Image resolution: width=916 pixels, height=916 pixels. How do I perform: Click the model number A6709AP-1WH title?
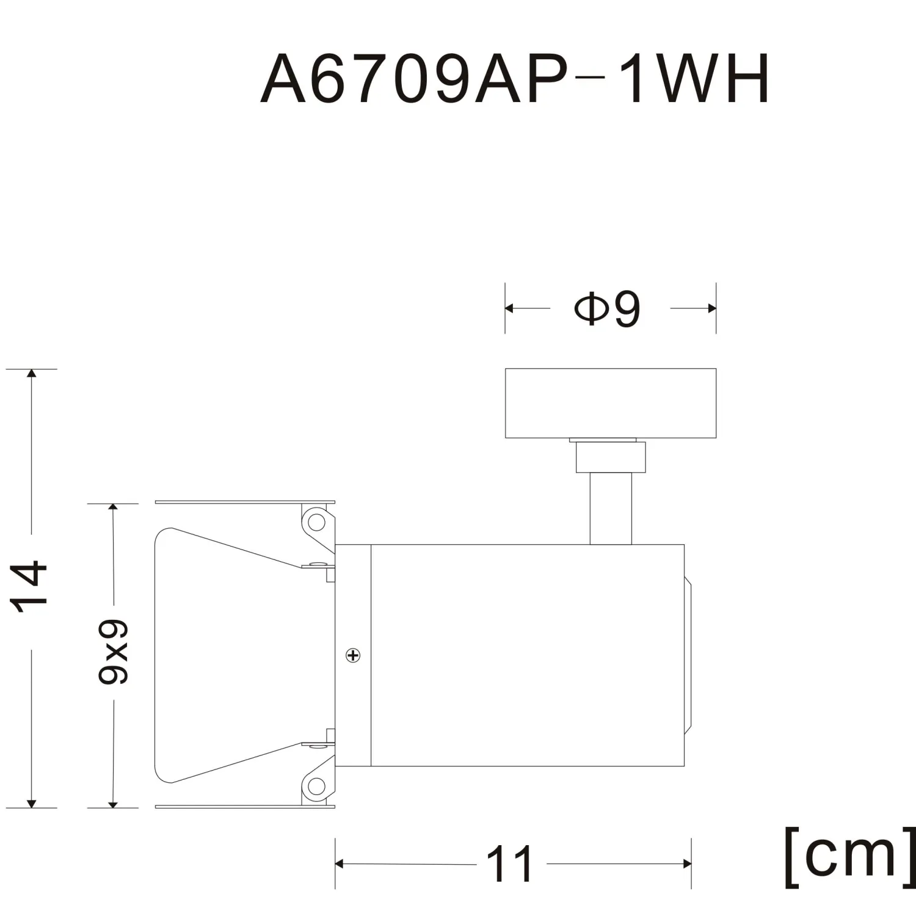515,80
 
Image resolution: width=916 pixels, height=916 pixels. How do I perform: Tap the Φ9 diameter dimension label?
608,309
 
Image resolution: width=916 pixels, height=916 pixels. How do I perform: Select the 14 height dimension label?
30,586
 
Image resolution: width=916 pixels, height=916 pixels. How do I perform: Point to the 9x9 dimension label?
114,652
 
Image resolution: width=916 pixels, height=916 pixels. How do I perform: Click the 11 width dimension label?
511,864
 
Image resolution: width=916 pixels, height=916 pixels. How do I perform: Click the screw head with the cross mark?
353,656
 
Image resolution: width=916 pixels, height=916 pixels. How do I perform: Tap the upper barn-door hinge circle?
316,522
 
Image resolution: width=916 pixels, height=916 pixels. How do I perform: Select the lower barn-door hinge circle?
316,786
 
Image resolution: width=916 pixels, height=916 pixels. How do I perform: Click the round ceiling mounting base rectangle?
611,403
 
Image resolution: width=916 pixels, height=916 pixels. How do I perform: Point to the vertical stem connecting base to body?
611,510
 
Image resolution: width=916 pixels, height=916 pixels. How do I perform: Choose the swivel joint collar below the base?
611,457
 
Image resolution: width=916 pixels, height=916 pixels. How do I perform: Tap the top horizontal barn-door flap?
244,502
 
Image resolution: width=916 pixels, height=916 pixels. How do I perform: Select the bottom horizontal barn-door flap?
244,807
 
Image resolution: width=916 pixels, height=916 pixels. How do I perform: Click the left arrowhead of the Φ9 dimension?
509,308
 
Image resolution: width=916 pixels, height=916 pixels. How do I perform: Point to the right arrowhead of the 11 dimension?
687,863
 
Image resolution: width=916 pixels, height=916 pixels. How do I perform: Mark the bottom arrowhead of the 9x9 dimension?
113,804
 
